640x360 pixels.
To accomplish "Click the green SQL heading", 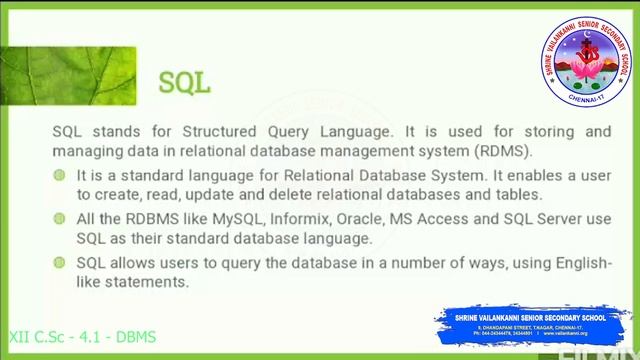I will coord(185,82).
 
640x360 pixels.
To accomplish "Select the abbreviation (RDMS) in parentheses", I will coord(505,151).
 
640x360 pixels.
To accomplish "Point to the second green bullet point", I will coord(62,218).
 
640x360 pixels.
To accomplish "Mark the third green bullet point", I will coord(62,262).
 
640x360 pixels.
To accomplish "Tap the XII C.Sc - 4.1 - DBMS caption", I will coord(82,337).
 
